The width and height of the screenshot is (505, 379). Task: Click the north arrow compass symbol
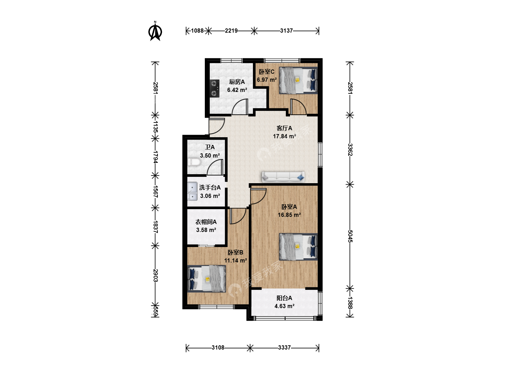pos(155,31)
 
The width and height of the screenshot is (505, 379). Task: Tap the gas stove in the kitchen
pos(214,88)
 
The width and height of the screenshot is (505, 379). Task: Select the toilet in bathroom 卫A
pos(194,162)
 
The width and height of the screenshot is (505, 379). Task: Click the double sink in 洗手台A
pos(192,191)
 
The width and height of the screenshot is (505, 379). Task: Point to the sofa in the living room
pos(283,177)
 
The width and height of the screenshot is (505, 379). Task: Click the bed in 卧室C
pos(298,80)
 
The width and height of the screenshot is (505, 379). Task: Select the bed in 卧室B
pos(207,279)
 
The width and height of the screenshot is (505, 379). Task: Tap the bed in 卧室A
pos(298,247)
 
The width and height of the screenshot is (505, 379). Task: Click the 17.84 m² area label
pos(284,136)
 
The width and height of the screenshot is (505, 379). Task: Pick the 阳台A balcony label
pos(284,298)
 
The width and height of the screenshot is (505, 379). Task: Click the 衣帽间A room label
pos(206,222)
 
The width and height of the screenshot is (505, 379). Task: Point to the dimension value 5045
pos(350,236)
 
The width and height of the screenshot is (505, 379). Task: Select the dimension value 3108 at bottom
pos(218,347)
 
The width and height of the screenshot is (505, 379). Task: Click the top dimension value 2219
pos(231,31)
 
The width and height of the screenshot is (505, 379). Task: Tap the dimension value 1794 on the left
pos(155,157)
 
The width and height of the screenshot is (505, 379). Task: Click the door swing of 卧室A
pos(258,196)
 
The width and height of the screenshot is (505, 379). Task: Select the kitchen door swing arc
pos(240,107)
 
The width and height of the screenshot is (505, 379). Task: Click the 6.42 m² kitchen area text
pos(237,90)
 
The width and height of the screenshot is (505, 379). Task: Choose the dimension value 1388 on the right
pos(350,303)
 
